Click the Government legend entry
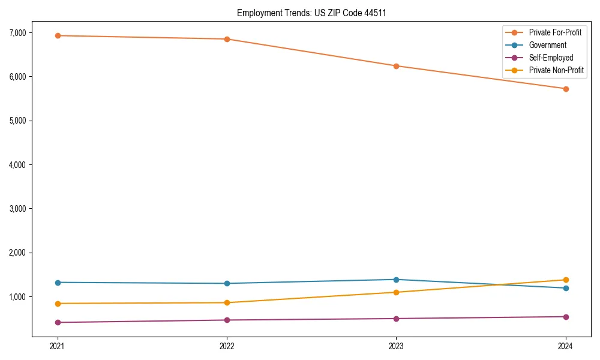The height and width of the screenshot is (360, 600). click(x=547, y=45)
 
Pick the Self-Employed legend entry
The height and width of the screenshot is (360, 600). click(x=551, y=58)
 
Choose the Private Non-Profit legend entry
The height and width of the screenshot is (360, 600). click(x=556, y=70)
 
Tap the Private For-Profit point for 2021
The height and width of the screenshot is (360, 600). click(x=58, y=35)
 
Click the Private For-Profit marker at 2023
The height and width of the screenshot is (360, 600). click(x=396, y=66)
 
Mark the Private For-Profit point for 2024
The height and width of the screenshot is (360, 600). click(x=566, y=89)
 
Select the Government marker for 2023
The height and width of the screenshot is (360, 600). click(x=396, y=280)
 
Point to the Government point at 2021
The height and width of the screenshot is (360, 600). click(x=58, y=283)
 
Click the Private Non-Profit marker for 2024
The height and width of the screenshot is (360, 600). click(x=566, y=280)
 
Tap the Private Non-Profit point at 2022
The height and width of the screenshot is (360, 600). click(x=227, y=302)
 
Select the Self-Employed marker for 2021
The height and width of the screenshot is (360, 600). click(x=58, y=322)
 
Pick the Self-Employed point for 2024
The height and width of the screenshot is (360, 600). click(x=566, y=317)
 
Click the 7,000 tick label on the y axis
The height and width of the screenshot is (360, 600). click(x=17, y=32)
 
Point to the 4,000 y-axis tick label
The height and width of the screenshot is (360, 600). click(x=17, y=164)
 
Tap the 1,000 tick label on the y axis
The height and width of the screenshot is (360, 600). click(x=17, y=296)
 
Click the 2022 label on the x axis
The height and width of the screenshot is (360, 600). click(x=227, y=346)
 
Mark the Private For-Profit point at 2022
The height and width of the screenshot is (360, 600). click(x=227, y=39)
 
